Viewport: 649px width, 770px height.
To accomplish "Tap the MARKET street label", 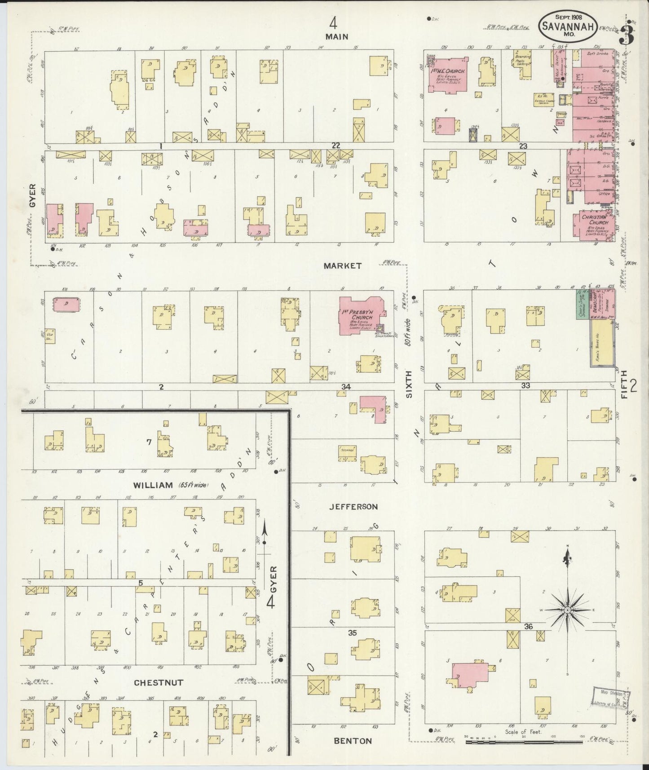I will (x=343, y=266).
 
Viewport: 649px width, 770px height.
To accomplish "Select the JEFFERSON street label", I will (x=353, y=507).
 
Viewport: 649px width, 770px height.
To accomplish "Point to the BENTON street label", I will (x=353, y=741).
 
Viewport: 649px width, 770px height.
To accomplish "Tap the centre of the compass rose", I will (x=567, y=610).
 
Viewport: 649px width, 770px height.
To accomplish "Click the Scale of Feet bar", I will (x=524, y=743).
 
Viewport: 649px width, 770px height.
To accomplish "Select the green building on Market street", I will (x=583, y=304).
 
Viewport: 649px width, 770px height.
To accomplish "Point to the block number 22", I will (x=336, y=145).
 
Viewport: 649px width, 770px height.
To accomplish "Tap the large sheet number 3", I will (x=626, y=32).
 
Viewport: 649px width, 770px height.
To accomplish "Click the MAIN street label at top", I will (x=337, y=37).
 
